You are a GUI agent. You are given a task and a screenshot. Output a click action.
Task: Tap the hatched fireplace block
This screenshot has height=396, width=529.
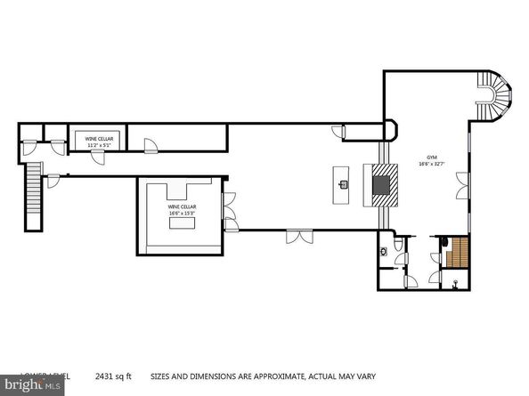(380, 183)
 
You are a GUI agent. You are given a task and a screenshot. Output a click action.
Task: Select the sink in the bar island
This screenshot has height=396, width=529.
(343, 185)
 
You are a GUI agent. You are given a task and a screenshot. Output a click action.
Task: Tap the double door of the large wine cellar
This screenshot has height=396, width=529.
(230, 212)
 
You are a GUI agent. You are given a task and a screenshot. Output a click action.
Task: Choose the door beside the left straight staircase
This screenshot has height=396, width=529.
(54, 182)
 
